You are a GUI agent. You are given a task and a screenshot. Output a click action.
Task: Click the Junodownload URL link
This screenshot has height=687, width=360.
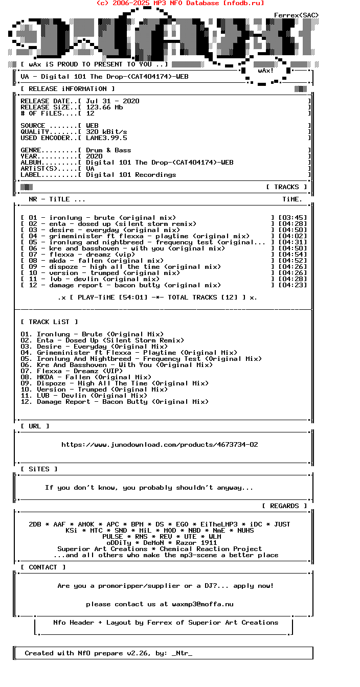pyautogui.click(x=160, y=445)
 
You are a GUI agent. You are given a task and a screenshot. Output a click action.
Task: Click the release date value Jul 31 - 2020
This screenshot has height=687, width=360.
pyautogui.click(x=112, y=101)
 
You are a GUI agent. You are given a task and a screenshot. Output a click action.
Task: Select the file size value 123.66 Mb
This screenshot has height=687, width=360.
pyautogui.click(x=104, y=107)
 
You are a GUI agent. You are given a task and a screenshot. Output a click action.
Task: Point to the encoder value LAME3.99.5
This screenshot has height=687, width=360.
pyautogui.click(x=106, y=138)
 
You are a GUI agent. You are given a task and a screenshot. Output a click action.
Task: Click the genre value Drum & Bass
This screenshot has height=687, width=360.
pyautogui.click(x=108, y=150)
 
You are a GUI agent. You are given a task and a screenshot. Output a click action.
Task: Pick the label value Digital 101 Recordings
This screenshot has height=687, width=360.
pyautogui.click(x=131, y=175)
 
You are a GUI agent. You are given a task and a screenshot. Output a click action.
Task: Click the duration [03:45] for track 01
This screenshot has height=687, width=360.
pyautogui.click(x=292, y=218)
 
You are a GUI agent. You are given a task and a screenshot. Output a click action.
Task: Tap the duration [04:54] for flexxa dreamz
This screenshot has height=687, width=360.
pyautogui.click(x=292, y=255)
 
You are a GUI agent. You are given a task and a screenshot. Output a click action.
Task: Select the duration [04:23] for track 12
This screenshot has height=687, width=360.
pyautogui.click(x=292, y=285)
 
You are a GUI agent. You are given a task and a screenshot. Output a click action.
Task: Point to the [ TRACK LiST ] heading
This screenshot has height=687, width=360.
pyautogui.click(x=49, y=322)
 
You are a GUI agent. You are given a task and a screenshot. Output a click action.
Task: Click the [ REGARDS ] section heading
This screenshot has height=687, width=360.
pyautogui.click(x=284, y=506)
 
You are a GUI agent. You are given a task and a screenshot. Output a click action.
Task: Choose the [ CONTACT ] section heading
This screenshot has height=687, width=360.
pyautogui.click(x=43, y=567)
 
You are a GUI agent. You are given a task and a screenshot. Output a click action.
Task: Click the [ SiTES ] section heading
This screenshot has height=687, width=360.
pyautogui.click(x=39, y=469)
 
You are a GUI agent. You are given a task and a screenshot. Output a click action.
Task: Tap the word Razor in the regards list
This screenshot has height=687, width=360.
pyautogui.click(x=186, y=543)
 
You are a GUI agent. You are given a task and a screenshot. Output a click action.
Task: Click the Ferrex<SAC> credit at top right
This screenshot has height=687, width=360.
pyautogui.click(x=296, y=15)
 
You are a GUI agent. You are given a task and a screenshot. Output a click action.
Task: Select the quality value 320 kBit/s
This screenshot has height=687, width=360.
pyautogui.click(x=106, y=132)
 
